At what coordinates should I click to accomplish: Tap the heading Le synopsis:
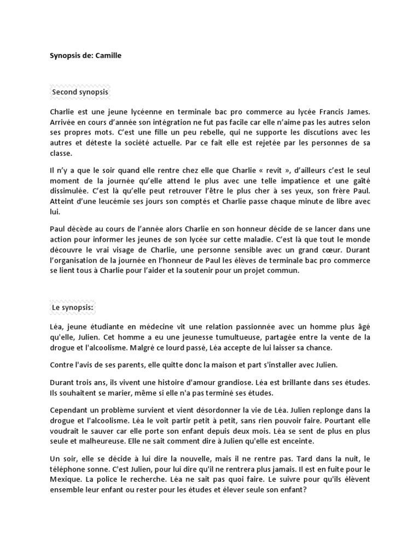pyautogui.click(x=73, y=308)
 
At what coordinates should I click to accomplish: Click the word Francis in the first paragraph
pyautogui.click(x=323, y=112)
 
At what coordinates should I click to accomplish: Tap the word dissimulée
pyautogui.click(x=69, y=190)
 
